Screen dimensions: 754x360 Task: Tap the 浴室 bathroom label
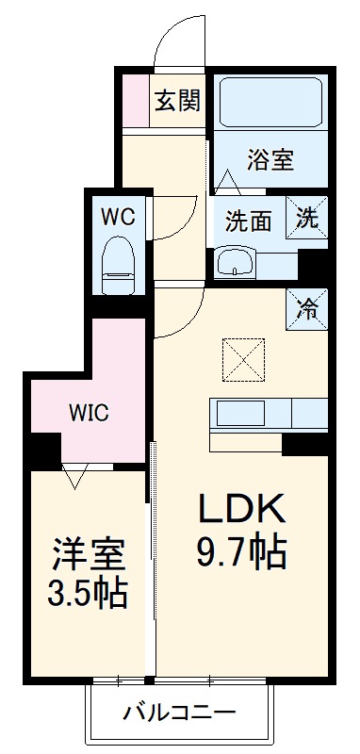271,159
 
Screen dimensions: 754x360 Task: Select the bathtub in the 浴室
270,102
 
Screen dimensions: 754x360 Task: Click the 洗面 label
249,221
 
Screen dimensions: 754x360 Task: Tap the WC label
119,216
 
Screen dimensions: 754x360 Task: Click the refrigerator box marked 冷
307,308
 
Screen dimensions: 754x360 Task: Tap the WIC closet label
89,413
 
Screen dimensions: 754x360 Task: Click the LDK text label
240,509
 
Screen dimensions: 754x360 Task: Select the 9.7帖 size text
240,552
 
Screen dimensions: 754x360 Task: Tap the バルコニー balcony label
179,713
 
